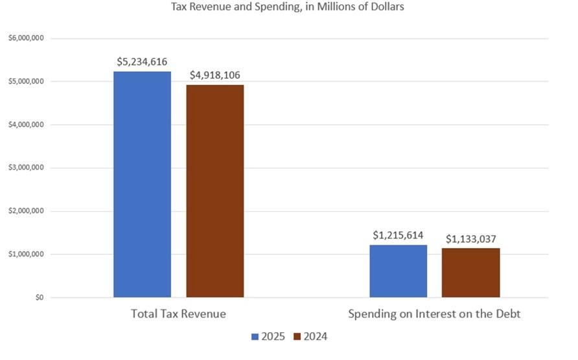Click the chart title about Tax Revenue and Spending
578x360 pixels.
click(288, 7)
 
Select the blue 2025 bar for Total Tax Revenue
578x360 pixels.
click(142, 185)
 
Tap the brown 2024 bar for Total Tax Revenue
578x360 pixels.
click(215, 191)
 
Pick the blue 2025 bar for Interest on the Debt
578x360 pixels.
click(399, 271)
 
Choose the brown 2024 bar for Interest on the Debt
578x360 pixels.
click(471, 273)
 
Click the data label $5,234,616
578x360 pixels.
click(142, 62)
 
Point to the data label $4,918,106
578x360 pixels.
click(215, 75)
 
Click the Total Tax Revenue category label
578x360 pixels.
click(178, 314)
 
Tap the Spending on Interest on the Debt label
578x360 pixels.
click(435, 314)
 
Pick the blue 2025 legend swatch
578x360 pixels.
click(255, 337)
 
